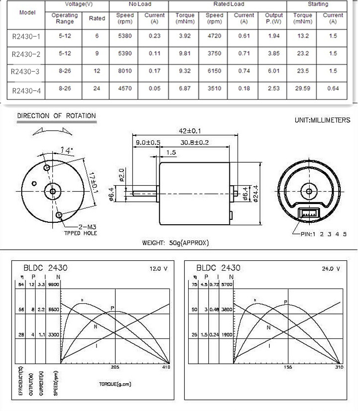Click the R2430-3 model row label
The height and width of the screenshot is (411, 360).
[x=24, y=72]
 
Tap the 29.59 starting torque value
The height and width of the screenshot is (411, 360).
[x=303, y=88]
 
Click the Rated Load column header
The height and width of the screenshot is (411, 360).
[x=228, y=4]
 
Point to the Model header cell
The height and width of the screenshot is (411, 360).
[x=27, y=12]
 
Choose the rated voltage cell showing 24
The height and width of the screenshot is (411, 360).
[x=97, y=88]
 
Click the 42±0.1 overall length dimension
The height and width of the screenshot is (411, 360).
[x=191, y=130]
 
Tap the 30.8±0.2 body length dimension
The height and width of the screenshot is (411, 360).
[x=195, y=143]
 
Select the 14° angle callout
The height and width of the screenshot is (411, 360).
[x=67, y=150]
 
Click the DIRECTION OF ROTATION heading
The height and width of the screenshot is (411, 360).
[x=57, y=116]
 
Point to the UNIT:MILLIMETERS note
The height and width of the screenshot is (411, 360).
[x=323, y=120]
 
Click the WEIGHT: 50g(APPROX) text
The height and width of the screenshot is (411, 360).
[x=176, y=243]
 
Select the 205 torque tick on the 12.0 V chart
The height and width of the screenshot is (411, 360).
[x=115, y=367]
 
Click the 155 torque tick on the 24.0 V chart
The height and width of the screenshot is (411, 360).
[x=288, y=367]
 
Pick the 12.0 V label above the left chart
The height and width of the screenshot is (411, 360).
[x=158, y=268]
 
